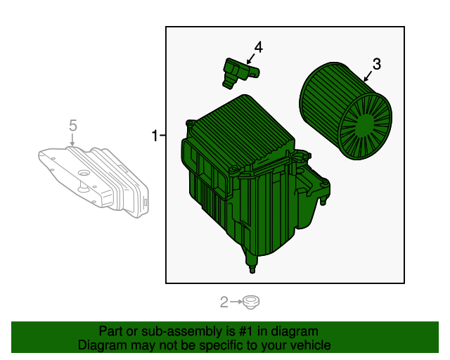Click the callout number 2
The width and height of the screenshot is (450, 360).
coord(224,303)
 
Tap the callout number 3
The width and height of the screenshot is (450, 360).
coord(376,64)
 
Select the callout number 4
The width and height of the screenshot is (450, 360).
coord(258,47)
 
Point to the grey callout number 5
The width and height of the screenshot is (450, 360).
coord(72,125)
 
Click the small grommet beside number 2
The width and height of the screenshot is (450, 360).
coord(250,303)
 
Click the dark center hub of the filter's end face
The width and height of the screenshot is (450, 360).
coord(364,127)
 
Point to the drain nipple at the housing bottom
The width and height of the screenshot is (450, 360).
coord(250,266)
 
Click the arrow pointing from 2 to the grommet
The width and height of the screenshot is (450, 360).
coord(236,303)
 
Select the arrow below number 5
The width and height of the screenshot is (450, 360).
coord(72,141)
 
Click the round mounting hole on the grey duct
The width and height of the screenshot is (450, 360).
coord(83,173)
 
